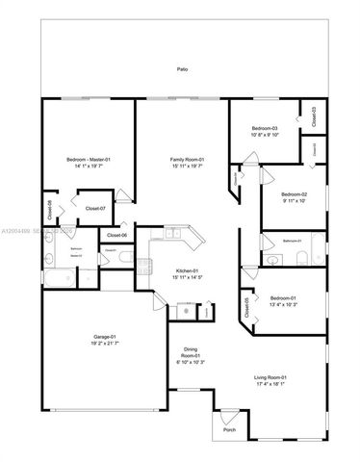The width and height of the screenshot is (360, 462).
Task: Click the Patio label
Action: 182,69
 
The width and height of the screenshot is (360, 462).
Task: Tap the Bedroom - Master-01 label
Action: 89,159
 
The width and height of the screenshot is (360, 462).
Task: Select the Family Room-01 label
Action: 182,159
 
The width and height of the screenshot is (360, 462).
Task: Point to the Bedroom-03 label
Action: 265,128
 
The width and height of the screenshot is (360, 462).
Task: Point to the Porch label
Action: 229,417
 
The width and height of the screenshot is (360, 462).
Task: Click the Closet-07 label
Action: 95,208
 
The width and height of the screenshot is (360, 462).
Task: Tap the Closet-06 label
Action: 117,236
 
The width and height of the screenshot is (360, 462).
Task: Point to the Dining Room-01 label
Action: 188,355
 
